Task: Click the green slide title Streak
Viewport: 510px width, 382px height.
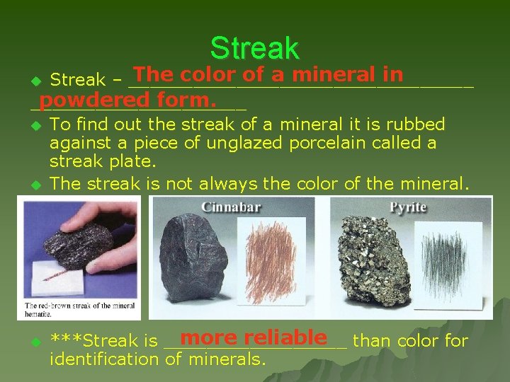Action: coord(254,48)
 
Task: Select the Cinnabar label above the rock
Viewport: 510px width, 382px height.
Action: coord(231,208)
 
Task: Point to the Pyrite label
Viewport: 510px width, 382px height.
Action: coord(408,208)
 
